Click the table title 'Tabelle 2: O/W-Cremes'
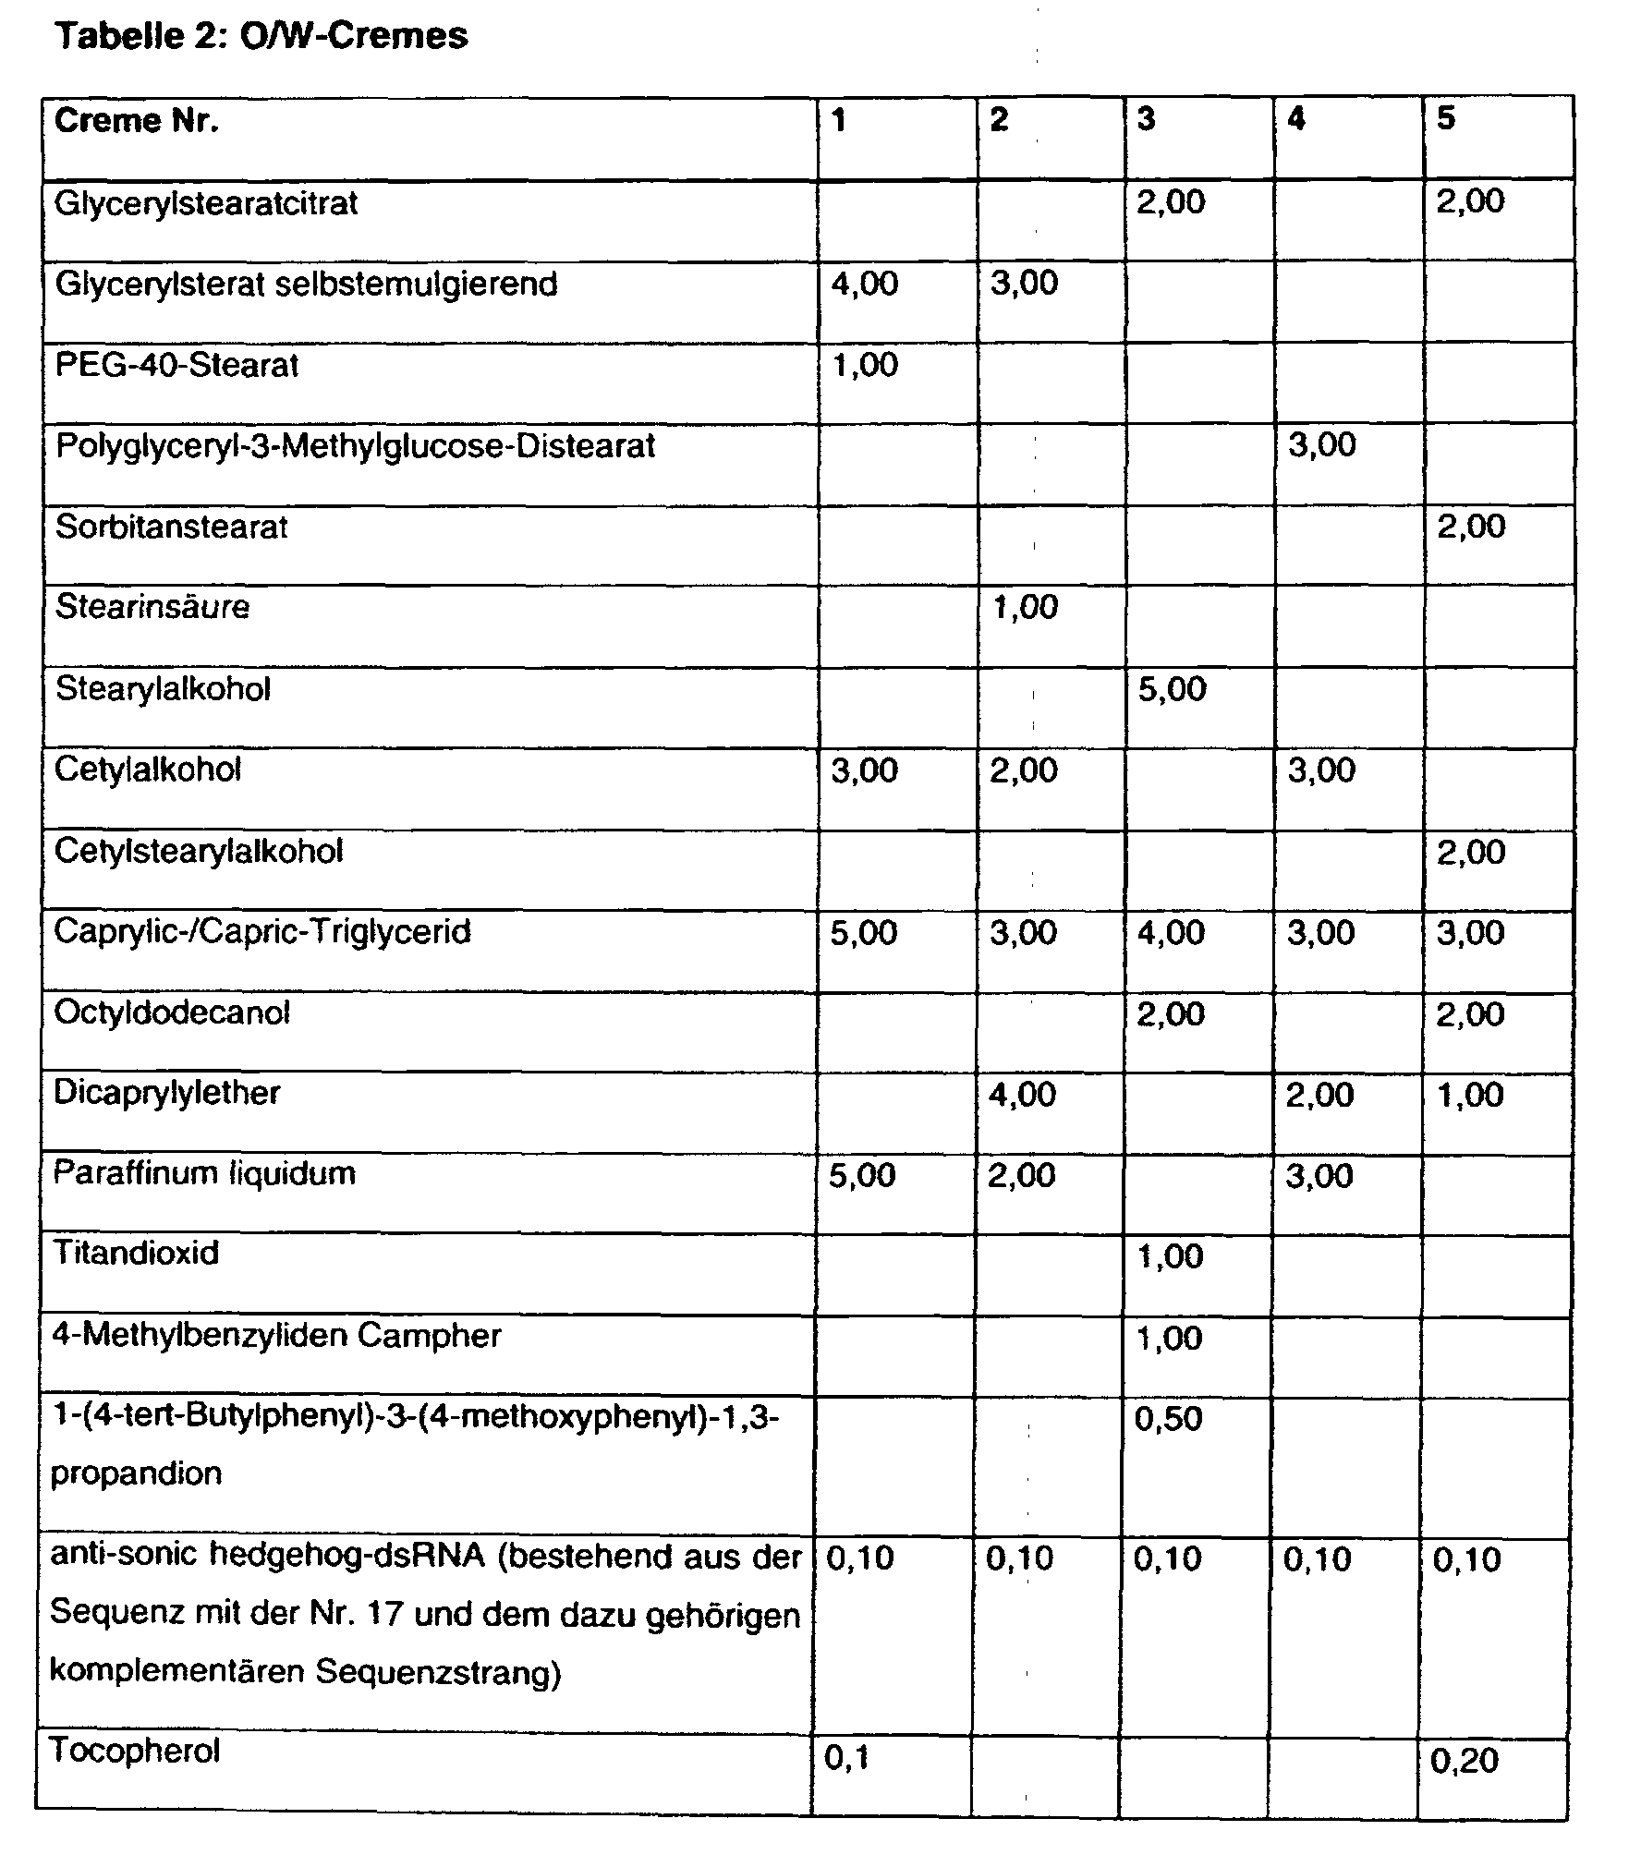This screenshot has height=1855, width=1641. click(x=261, y=37)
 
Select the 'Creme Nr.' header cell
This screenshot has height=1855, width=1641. click(x=137, y=121)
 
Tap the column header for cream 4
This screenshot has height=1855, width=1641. click(x=1296, y=119)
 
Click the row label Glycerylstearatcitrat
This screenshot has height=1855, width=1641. click(x=206, y=203)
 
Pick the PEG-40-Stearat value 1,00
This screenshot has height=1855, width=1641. click(x=864, y=366)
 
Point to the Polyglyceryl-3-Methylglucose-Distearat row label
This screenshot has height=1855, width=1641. click(x=356, y=446)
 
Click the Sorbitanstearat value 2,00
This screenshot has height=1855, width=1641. click(x=1471, y=527)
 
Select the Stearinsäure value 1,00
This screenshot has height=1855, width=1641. click(x=1024, y=608)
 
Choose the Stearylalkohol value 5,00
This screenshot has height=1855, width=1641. click(x=1172, y=689)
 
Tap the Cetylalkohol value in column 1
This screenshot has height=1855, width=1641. click(x=864, y=770)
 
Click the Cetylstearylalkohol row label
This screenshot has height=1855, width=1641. click(x=199, y=851)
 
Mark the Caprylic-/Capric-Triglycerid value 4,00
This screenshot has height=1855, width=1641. click(x=1171, y=933)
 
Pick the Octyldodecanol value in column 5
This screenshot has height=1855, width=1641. click(x=1470, y=1014)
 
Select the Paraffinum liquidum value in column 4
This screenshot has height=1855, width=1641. click(x=1319, y=1176)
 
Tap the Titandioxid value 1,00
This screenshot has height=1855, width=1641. click(x=1170, y=1257)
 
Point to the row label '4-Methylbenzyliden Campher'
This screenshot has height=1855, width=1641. click(x=276, y=1336)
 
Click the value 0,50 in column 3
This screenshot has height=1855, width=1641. click(x=1169, y=1419)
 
